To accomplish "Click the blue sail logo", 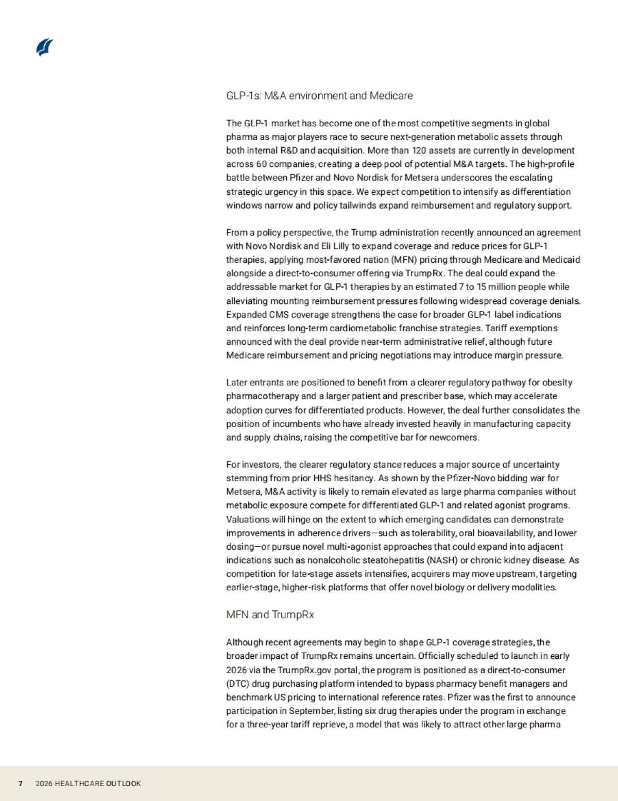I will point(45,47).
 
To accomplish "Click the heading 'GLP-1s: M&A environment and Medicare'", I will point(319,96).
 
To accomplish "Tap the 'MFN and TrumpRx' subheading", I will point(270,615).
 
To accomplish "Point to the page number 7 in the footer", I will point(21,783).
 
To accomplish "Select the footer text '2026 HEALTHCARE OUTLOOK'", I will point(88,783).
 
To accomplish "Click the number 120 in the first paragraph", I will point(419,150).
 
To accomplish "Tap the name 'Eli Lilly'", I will point(335,246).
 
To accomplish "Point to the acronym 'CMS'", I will point(279,315).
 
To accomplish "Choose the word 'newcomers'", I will point(457,438).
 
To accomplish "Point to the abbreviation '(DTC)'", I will point(237,684).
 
